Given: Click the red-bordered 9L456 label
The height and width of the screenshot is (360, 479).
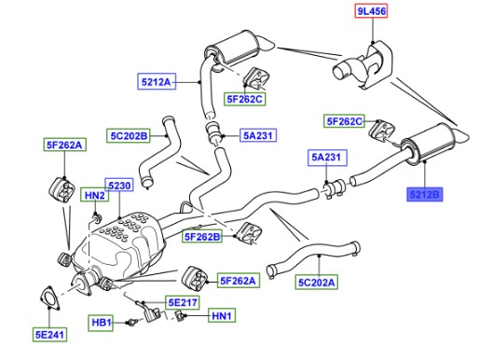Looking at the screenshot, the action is [372, 11].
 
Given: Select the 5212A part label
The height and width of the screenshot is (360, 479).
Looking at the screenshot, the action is [157, 82].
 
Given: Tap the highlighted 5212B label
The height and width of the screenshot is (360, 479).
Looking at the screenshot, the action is [425, 195].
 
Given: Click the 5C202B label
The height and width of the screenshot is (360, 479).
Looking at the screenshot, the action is [129, 136].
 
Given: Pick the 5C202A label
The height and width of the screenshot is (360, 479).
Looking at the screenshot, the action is [317, 283].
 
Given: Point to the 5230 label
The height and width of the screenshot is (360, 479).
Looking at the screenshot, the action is [119, 186].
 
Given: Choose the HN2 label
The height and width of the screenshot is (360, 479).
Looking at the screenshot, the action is [95, 195].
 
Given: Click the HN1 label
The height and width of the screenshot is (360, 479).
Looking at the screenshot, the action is [222, 316].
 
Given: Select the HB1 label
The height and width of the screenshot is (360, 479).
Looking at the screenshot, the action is [102, 323].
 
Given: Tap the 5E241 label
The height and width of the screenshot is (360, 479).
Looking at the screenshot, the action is [49, 335].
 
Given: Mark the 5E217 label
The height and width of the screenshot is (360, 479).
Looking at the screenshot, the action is [183, 302].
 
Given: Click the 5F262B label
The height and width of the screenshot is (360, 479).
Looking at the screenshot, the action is [202, 237].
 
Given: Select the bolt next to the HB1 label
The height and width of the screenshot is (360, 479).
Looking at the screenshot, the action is [132, 323].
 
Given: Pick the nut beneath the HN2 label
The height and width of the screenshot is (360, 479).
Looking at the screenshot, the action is [96, 217].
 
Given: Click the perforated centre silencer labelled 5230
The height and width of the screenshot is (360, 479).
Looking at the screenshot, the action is [121, 245].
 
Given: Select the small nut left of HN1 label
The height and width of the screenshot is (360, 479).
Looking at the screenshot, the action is [180, 316].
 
